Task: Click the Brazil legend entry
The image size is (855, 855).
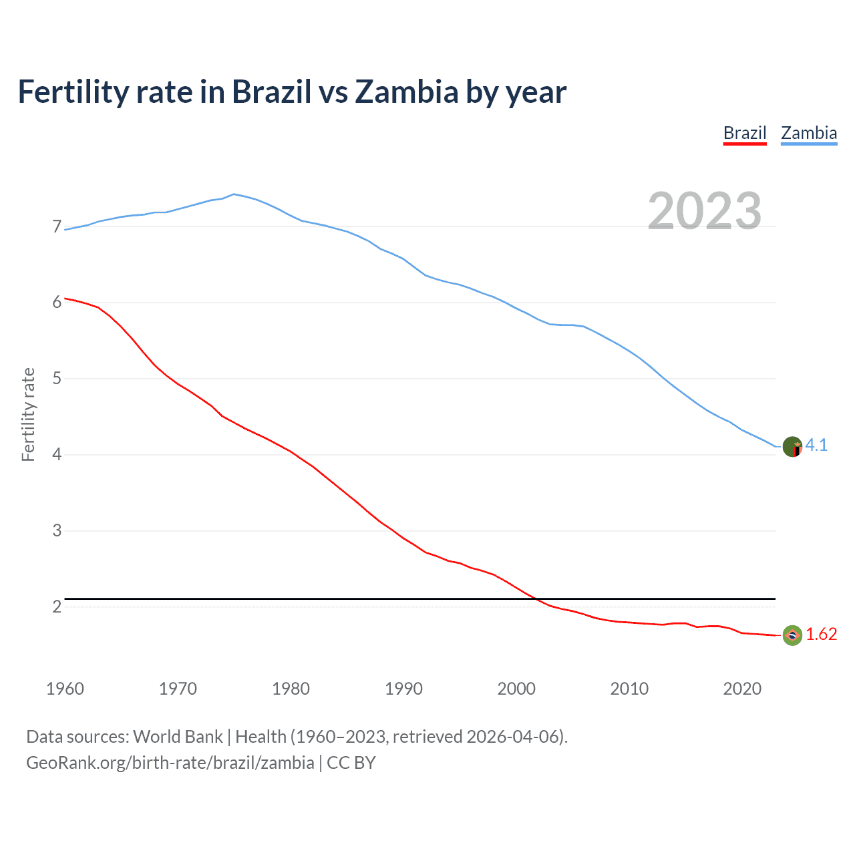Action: pos(745,133)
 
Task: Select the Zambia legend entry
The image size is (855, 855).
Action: pos(809,133)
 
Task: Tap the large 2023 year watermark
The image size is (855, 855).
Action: pos(705,211)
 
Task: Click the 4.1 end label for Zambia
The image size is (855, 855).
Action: pos(816,446)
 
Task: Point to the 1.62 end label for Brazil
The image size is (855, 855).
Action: pos(821,635)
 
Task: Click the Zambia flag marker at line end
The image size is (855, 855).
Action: pos(792,446)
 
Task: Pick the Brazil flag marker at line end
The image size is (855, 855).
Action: pos(792,635)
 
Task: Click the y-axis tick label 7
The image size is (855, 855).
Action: pos(57,227)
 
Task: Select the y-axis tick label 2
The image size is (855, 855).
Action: pos(57,607)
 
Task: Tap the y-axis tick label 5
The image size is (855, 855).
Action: pos(57,379)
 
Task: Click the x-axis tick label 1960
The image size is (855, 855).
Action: pos(65,689)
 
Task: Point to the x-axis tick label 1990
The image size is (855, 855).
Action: pos(403,689)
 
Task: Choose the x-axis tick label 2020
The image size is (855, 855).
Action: pos(742,689)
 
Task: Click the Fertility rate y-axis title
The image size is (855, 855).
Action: pos(28,414)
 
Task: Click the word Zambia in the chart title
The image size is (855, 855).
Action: pos(406,92)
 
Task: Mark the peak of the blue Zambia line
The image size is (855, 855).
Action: pos(233,194)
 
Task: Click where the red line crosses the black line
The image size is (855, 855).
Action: pos(536,599)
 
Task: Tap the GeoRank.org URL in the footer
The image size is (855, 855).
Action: pos(170,762)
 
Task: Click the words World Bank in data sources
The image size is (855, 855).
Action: pos(178,737)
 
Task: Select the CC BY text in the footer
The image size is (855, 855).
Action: pos(351,762)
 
